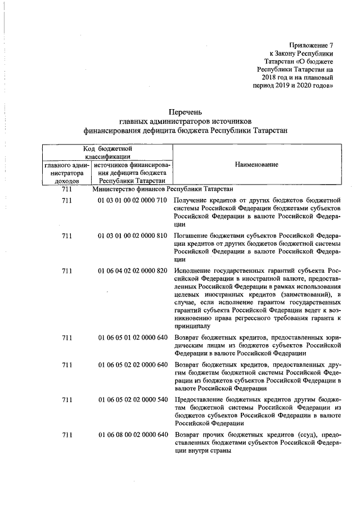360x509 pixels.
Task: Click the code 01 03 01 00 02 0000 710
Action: coord(132,201)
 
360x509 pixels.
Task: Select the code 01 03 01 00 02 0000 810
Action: coord(132,236)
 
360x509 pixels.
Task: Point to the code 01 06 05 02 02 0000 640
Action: coord(132,364)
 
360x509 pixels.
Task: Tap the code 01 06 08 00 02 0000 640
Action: coord(132,435)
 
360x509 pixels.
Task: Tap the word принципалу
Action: coord(192,325)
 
